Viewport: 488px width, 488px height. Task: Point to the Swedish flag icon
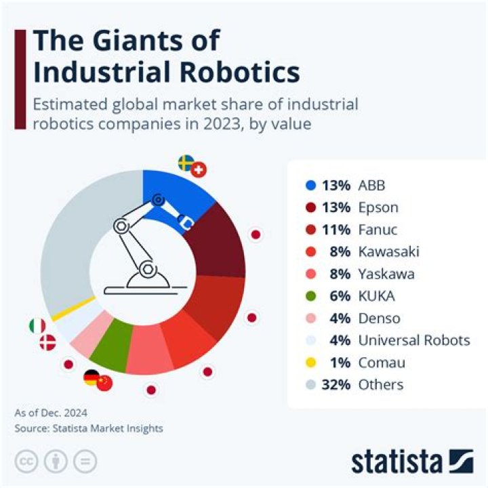(x=186, y=163)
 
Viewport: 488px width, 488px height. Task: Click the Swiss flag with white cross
(x=199, y=170)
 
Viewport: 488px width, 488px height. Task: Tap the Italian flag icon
(x=37, y=326)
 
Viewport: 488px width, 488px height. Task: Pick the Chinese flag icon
(x=104, y=384)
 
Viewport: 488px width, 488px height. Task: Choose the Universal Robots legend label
(x=414, y=340)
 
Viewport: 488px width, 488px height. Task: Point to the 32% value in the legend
(x=336, y=385)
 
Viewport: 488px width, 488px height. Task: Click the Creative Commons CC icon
(x=26, y=461)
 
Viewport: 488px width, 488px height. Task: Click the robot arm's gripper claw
(x=184, y=221)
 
